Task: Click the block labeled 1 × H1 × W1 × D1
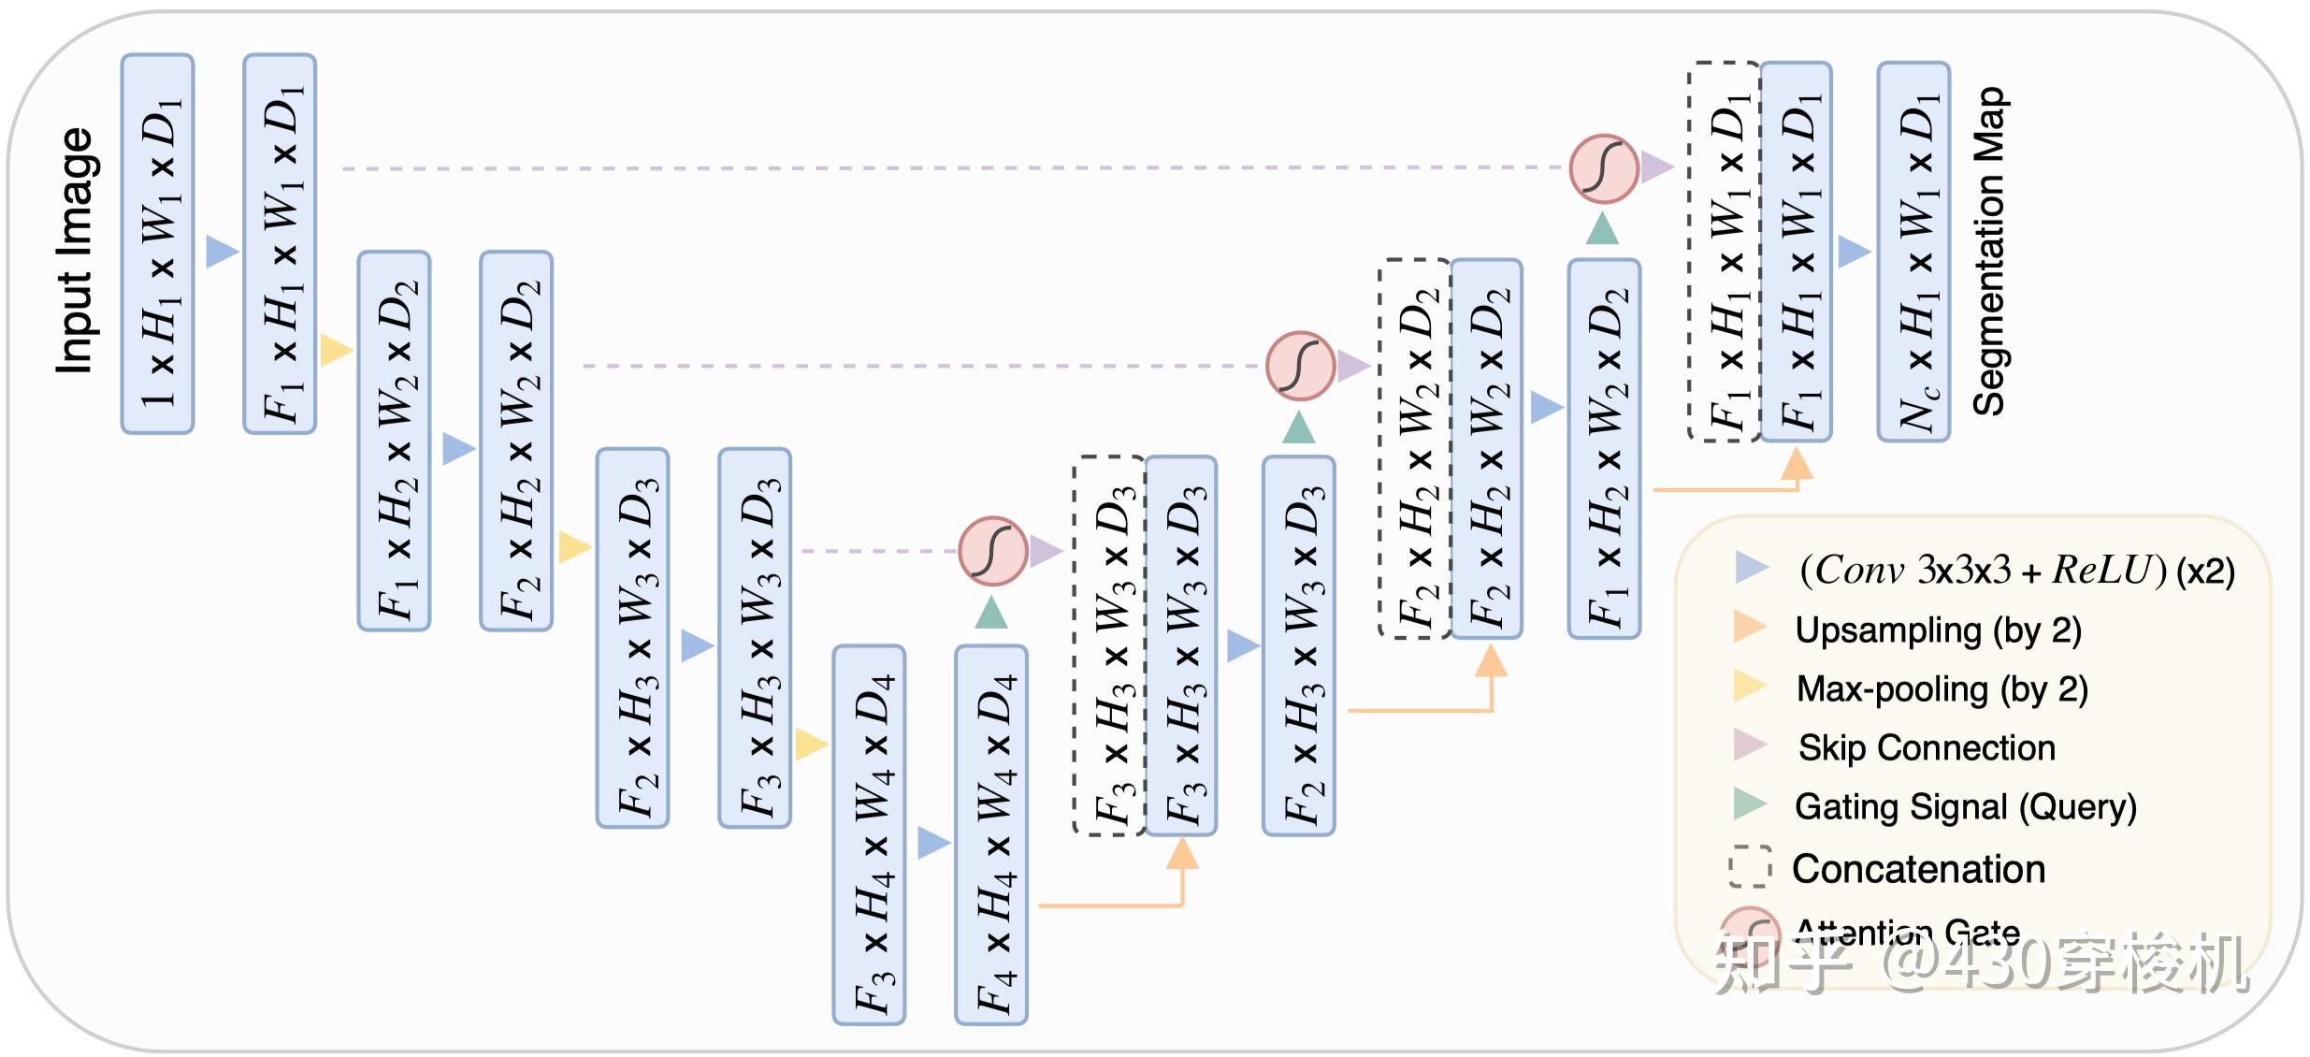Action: coord(157,244)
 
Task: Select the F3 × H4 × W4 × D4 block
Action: coord(869,835)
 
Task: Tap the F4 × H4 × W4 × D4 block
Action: coord(990,835)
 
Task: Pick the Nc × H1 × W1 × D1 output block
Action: coord(1913,252)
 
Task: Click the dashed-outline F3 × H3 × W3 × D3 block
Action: coord(1109,645)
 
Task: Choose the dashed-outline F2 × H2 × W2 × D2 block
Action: coord(1414,449)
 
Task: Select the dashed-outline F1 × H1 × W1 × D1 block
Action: coord(1724,252)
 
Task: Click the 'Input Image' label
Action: coord(75,251)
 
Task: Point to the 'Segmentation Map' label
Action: coord(1989,252)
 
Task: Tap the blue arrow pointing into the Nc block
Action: coord(1854,252)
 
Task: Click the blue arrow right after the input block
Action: coord(222,251)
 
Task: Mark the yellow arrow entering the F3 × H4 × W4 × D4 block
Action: coord(811,745)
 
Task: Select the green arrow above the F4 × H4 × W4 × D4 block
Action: coord(991,613)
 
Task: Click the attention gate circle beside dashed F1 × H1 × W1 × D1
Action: coord(1604,168)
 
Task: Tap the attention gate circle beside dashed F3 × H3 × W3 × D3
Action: coord(992,551)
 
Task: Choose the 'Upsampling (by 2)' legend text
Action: coord(1938,630)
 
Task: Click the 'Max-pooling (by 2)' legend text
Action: coord(1942,689)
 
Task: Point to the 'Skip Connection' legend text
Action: coord(1927,747)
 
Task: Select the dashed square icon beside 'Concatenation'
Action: coord(1749,867)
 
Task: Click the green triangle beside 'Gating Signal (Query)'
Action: coord(1749,804)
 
